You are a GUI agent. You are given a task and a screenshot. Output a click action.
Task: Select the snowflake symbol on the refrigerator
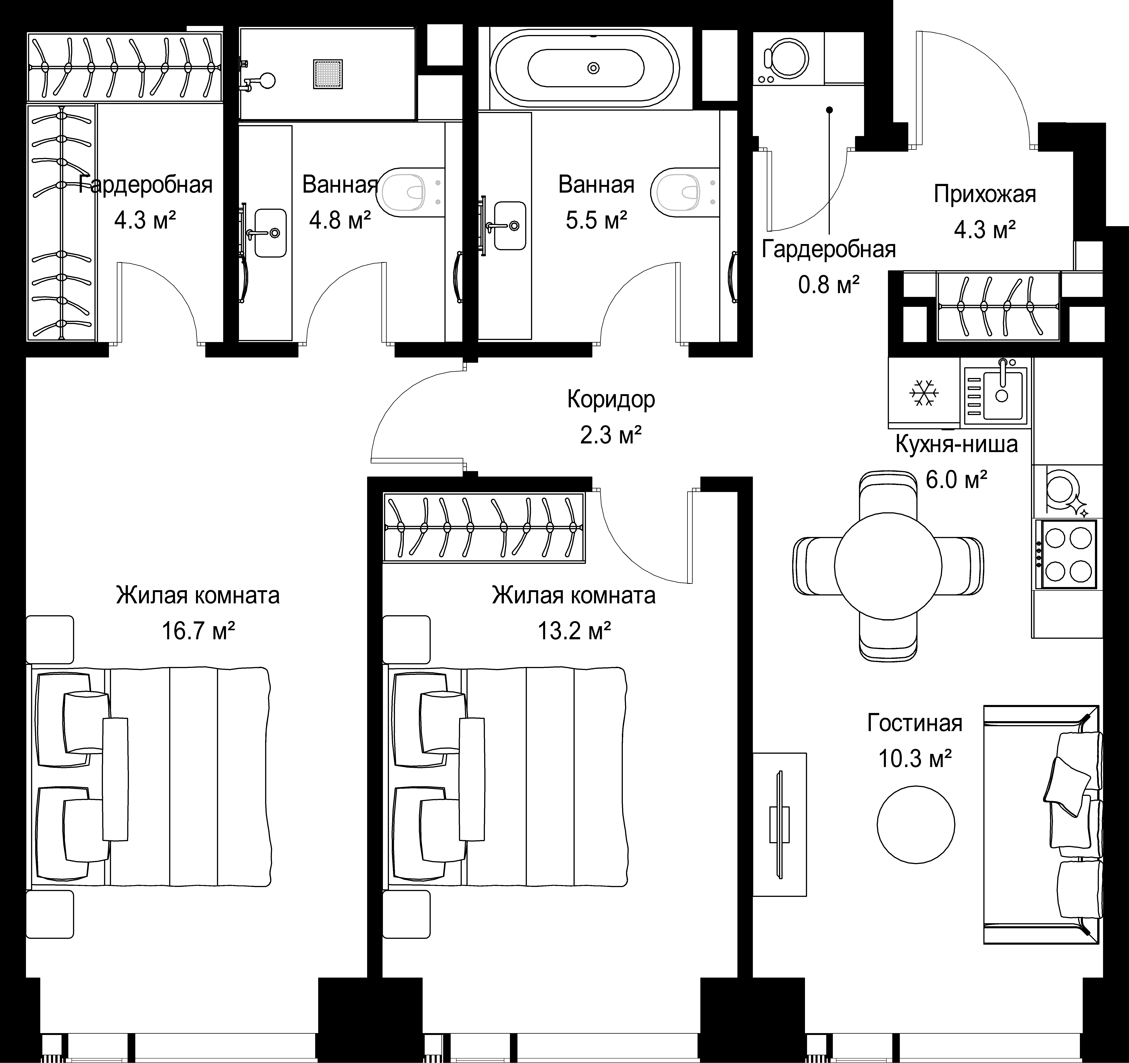coord(924,393)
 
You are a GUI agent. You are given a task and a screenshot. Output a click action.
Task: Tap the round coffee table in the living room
coord(916,825)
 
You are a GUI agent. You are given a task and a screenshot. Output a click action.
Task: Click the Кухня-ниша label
coord(956,443)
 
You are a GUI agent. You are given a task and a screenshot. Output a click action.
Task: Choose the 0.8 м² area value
coord(828,284)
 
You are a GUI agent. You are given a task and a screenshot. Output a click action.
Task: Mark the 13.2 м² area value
coord(574,630)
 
